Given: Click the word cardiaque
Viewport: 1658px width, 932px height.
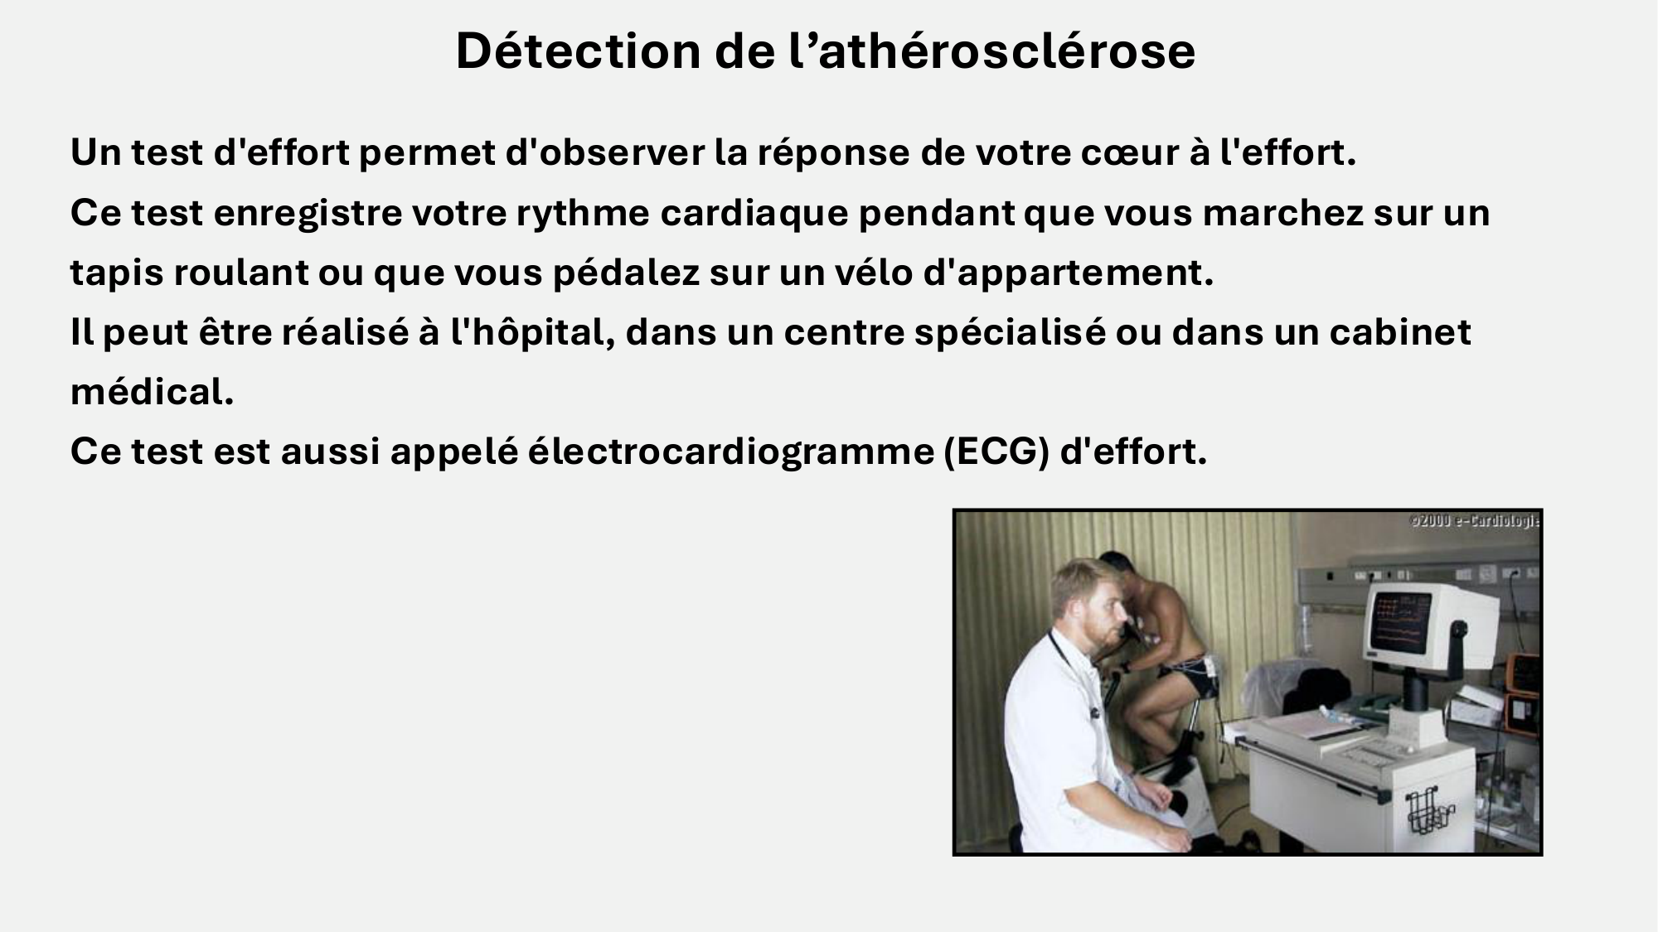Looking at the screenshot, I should [x=754, y=214].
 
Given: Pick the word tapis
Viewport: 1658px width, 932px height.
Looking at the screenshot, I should [x=116, y=273].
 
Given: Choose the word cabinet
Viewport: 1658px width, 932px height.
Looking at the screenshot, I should [x=1400, y=333].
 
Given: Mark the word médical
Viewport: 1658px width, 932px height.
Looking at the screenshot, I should [x=152, y=393].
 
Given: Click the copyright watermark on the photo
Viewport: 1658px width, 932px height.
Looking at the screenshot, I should [x=1474, y=522].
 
